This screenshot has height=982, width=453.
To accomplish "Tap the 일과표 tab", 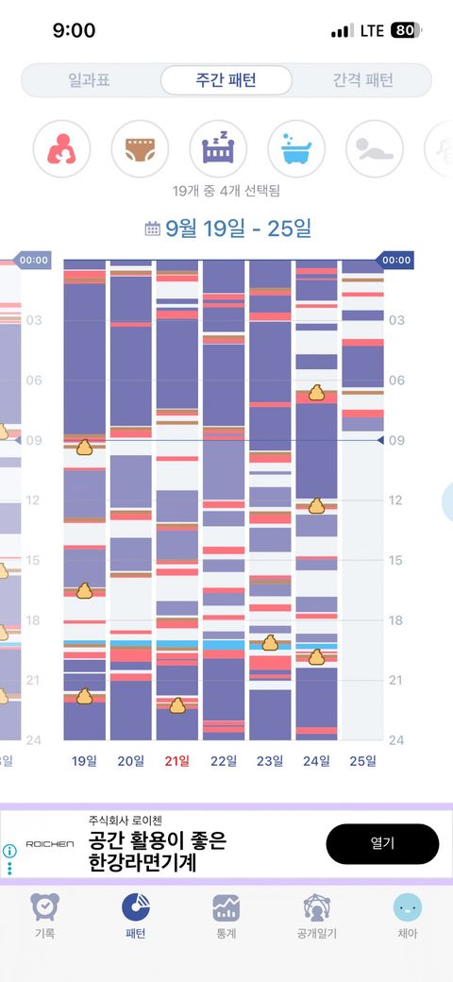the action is pos(91,80).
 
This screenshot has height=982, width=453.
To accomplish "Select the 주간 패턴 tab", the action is pos(226,80).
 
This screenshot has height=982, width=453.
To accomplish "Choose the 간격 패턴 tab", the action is pos(362,80).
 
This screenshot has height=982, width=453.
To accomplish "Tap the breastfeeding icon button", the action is pos(61,149).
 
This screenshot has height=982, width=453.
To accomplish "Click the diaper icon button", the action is pos(140,149).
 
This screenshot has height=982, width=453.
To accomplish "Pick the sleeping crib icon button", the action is pos(218,149).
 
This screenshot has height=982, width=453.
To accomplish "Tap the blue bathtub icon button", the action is pos(296,149).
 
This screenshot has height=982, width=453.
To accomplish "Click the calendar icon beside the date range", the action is pos(152,229).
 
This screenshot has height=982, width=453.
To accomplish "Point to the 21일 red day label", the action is pos(177,762).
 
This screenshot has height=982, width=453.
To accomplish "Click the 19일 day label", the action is pos(85,762).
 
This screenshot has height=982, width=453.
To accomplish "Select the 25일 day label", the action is pos(363,762).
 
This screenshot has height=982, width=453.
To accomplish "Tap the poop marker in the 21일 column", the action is pos(177,706).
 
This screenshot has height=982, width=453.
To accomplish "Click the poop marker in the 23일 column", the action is pos(270,643).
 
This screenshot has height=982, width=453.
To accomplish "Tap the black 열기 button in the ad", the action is pos(382,843).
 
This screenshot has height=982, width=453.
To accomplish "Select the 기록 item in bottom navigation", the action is pos(45,916).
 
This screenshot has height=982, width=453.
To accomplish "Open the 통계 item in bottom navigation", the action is pos(226,916).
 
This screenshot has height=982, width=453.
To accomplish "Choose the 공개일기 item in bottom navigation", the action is pos(316,916).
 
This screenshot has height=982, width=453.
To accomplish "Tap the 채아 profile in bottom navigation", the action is pos(408,916).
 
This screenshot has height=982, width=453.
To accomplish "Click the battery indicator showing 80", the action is pos(406,30).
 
